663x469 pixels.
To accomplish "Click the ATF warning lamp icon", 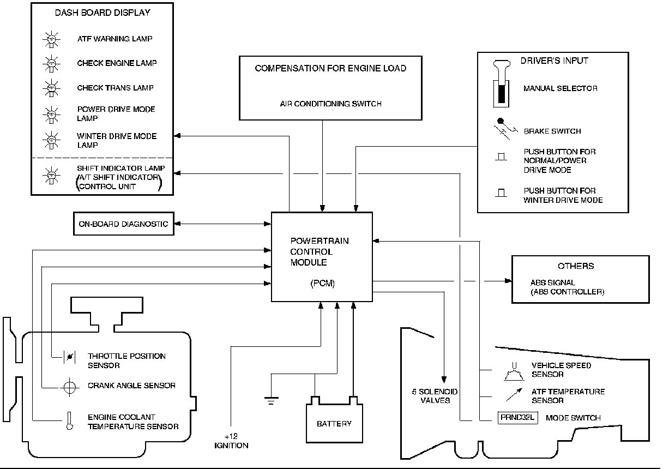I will pos(50,40).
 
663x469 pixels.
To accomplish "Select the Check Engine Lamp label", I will pos(117,63).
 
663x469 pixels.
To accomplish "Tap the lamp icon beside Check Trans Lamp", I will pos(50,88).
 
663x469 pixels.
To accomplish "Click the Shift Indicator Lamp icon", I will pos(50,176).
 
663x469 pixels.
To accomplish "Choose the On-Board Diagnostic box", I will pos(123,224).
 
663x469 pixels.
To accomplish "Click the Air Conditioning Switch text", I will pos(330,104).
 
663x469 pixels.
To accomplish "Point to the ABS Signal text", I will pos(553,283).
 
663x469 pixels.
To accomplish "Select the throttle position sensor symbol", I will pos(70,357).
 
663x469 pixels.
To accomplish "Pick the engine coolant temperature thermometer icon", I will pos(70,420).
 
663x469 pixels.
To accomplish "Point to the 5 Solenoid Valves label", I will pos(435,396).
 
